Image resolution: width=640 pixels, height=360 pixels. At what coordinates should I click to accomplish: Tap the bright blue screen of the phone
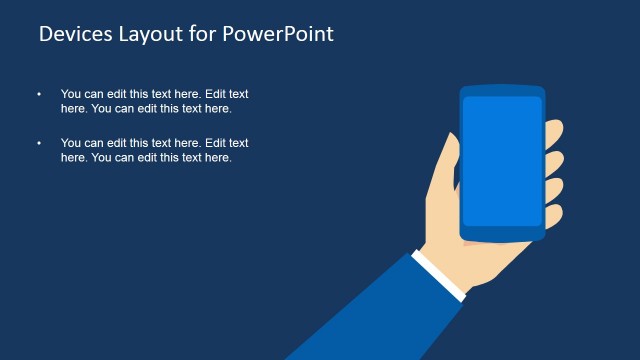pyautogui.click(x=502, y=160)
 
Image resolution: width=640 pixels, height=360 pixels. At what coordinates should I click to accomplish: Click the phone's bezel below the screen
pyautogui.click(x=502, y=234)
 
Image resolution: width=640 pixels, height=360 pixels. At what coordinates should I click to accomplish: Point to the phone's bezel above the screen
pyautogui.click(x=502, y=91)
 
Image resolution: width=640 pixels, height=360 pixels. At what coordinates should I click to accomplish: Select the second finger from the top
pyautogui.click(x=553, y=162)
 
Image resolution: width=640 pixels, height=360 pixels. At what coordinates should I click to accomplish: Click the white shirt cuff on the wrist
pyautogui.click(x=440, y=275)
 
